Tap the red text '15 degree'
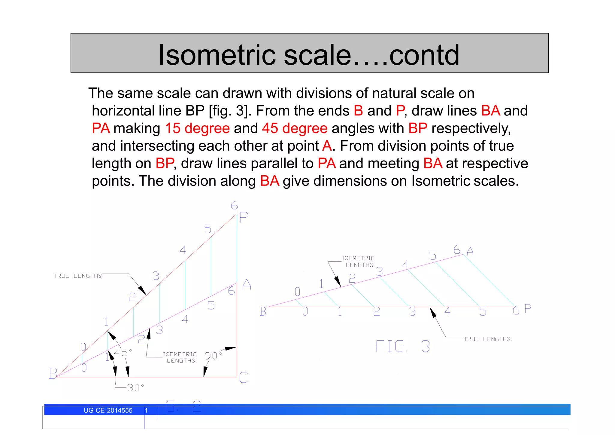pos(197,128)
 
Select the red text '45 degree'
pos(294,128)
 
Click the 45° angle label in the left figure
pos(123,353)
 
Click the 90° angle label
pos(213,356)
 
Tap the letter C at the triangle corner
pos(244,378)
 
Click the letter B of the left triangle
pos(53,373)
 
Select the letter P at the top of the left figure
pos(244,217)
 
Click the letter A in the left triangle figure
pos(247,284)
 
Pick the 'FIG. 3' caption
pos(402,347)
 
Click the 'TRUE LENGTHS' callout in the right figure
pos(487,339)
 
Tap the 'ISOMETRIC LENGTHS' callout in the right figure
pos(359,262)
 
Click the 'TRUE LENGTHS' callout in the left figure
pos(77,276)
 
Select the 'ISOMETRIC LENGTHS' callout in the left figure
pos(180,357)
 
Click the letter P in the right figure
pos(528,308)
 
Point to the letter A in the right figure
pos(470,251)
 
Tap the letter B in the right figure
pos(263,311)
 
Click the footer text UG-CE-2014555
pos(108,411)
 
